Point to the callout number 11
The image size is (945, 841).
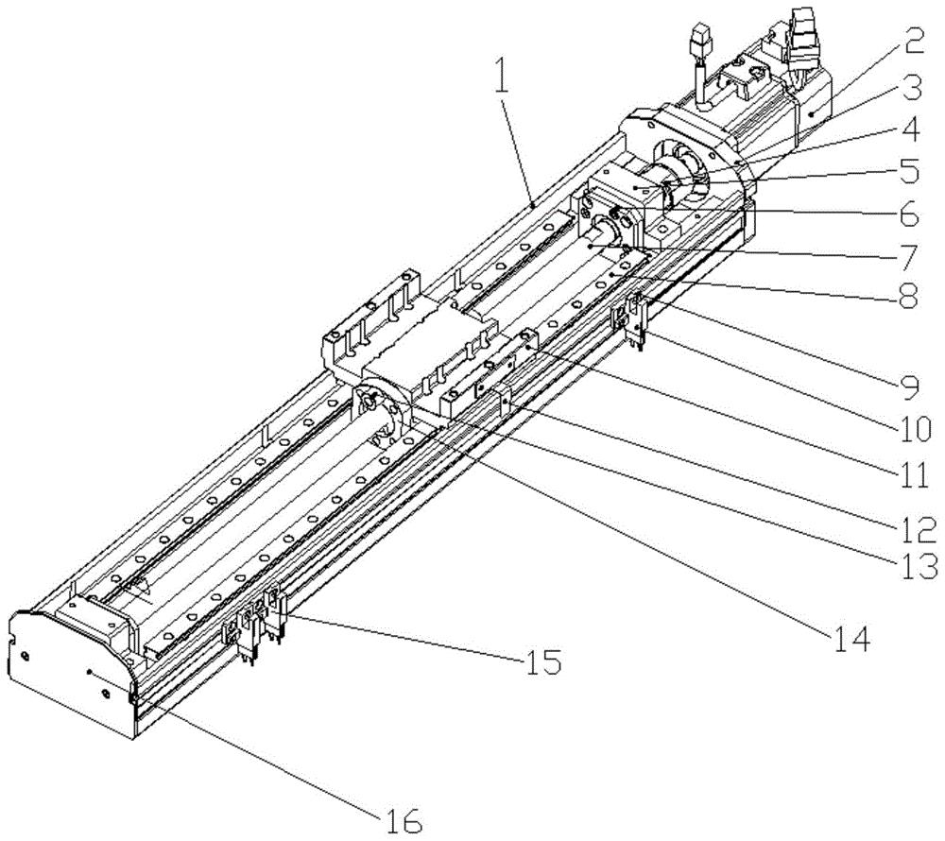click(911, 474)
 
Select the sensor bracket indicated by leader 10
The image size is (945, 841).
click(631, 318)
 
